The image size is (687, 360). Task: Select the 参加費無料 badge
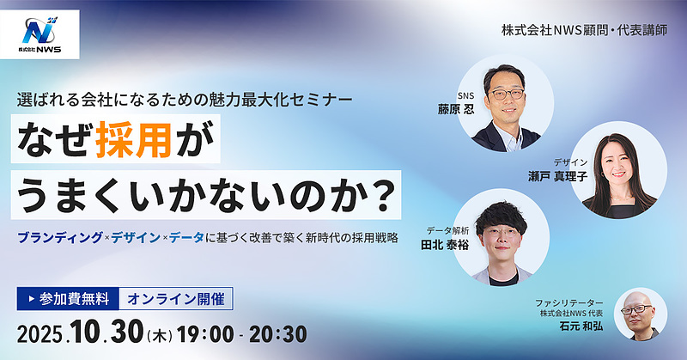69,299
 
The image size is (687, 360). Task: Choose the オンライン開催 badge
175,299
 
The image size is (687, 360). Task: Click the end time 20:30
278,333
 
